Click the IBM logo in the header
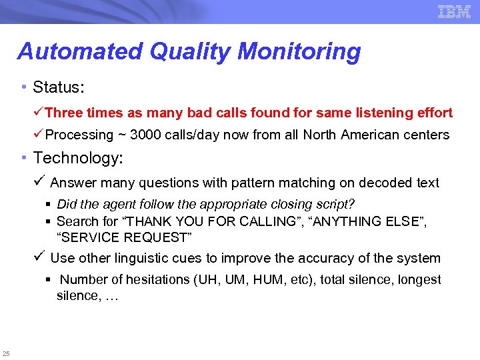454,11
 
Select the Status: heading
57,87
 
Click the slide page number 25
6,353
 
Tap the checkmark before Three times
39,113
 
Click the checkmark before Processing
39,134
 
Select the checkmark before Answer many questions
39,182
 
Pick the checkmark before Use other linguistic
39,257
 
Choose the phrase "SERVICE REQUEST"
124,237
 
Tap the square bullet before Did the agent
49,205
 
